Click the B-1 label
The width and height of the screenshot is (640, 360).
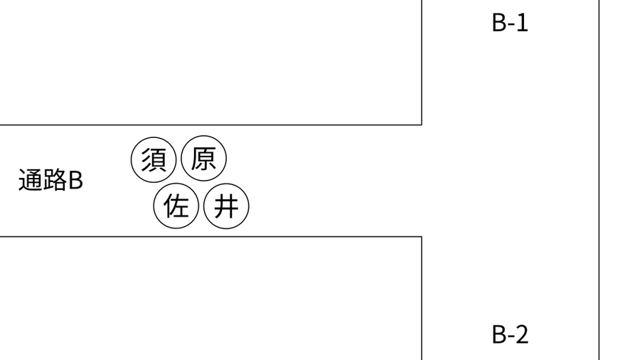pyautogui.click(x=510, y=23)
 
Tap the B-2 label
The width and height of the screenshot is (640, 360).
pyautogui.click(x=510, y=334)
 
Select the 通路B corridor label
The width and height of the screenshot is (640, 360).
pyautogui.click(x=50, y=180)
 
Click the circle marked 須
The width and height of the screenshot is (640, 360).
pyautogui.click(x=154, y=159)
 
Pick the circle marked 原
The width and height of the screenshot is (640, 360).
pyautogui.click(x=203, y=159)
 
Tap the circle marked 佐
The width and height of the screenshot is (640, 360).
pyautogui.click(x=176, y=206)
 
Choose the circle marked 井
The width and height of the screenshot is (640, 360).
pyautogui.click(x=226, y=206)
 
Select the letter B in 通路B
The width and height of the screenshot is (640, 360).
pyautogui.click(x=76, y=181)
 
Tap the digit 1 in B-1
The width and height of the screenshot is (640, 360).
pyautogui.click(x=523, y=23)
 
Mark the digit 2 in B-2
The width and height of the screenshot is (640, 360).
pyautogui.click(x=523, y=334)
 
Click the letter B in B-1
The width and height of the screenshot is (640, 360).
pyautogui.click(x=499, y=23)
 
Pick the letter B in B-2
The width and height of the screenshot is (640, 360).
pyautogui.click(x=499, y=334)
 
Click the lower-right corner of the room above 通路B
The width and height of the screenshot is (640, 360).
pyautogui.click(x=422, y=125)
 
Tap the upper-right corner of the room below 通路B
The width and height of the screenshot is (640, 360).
pyautogui.click(x=422, y=236)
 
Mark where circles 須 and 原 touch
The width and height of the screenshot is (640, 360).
pyautogui.click(x=178, y=159)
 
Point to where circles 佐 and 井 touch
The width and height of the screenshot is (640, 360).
pyautogui.click(x=201, y=206)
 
